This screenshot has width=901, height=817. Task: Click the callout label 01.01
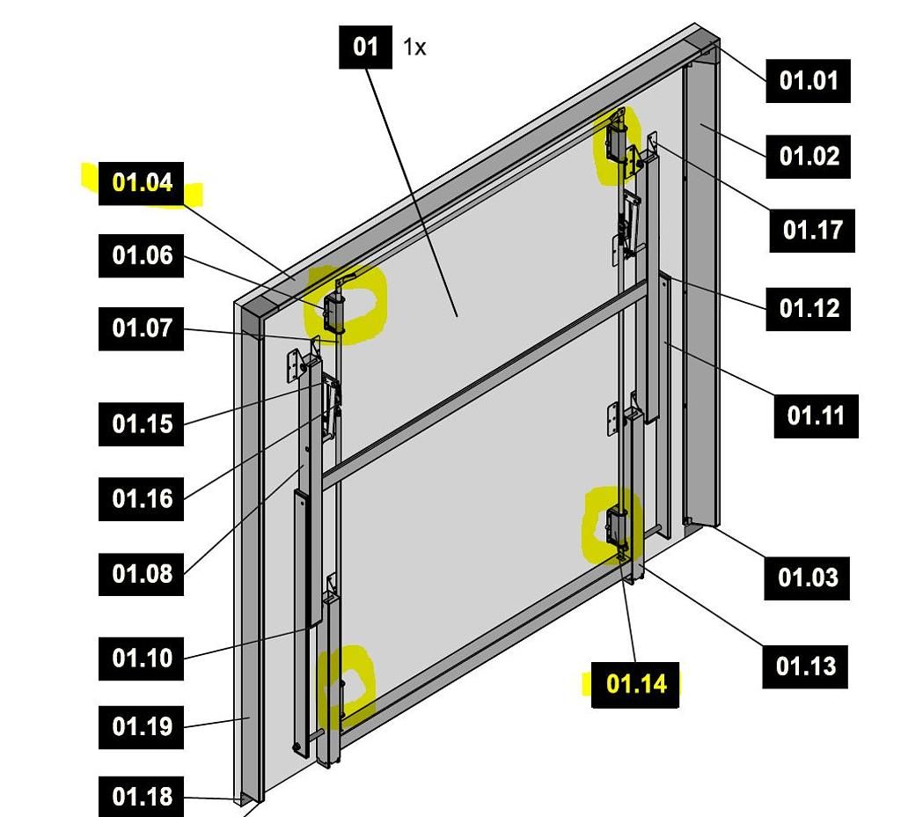coord(808,81)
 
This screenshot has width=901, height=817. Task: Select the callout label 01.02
coord(808,157)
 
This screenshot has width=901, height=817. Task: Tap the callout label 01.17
coord(812,231)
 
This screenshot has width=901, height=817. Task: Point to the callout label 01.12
coord(808,309)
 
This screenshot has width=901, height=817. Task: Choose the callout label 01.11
coord(816,416)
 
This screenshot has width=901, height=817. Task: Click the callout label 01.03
coord(807,578)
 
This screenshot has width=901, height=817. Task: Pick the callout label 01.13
coord(805,666)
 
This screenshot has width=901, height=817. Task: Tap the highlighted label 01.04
coord(142,183)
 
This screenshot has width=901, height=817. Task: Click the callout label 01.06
coord(141,256)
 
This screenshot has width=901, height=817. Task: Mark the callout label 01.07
coord(141,329)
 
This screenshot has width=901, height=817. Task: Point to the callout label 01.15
coord(142,424)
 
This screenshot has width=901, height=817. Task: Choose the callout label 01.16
coord(142,499)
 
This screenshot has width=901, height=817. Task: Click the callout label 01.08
coord(142,574)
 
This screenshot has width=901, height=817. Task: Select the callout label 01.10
coord(142,658)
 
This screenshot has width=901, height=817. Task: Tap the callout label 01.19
coord(142,727)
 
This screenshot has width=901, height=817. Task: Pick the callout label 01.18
coord(142,798)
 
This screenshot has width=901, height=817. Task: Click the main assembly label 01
coord(365,47)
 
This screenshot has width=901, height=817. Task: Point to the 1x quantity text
coord(414,48)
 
